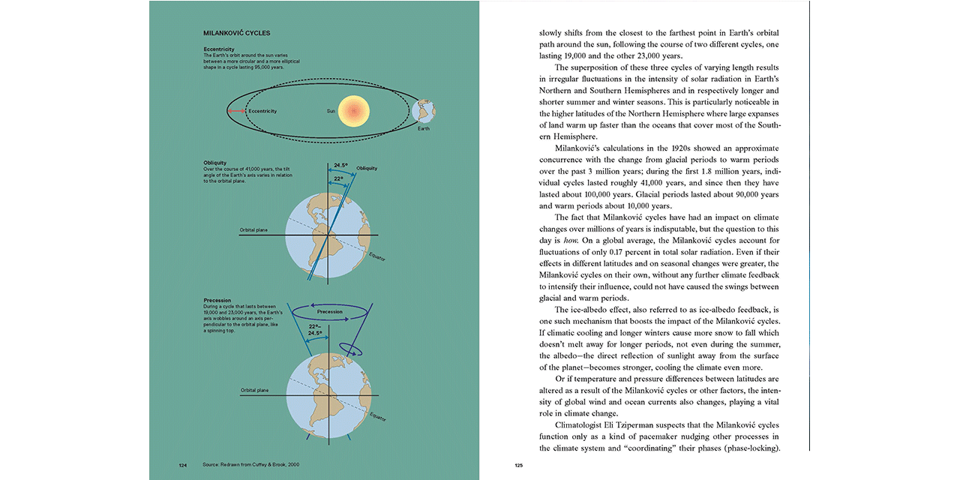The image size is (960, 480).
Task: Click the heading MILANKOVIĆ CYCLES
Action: click(237, 33)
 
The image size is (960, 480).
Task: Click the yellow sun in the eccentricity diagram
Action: click(354, 111)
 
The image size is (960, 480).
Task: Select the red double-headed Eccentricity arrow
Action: click(237, 111)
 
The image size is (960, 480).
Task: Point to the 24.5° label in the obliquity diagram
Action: click(341, 164)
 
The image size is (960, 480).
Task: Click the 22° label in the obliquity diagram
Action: click(339, 178)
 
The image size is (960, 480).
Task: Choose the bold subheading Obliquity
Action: click(214, 163)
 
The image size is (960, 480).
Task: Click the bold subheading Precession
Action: click(217, 300)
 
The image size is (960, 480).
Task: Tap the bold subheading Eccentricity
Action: click(219, 49)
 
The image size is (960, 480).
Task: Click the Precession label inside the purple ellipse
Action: click(329, 311)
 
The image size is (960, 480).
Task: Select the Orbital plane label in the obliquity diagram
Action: click(253, 230)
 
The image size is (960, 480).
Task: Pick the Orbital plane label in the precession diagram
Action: click(253, 391)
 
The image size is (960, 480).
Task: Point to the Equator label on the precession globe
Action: click(376, 418)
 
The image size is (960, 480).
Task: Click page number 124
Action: click(182, 465)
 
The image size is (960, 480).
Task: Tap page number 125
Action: click(518, 465)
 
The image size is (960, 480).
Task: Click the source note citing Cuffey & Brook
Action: click(250, 465)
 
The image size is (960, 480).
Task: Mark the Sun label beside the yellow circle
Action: click(331, 111)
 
